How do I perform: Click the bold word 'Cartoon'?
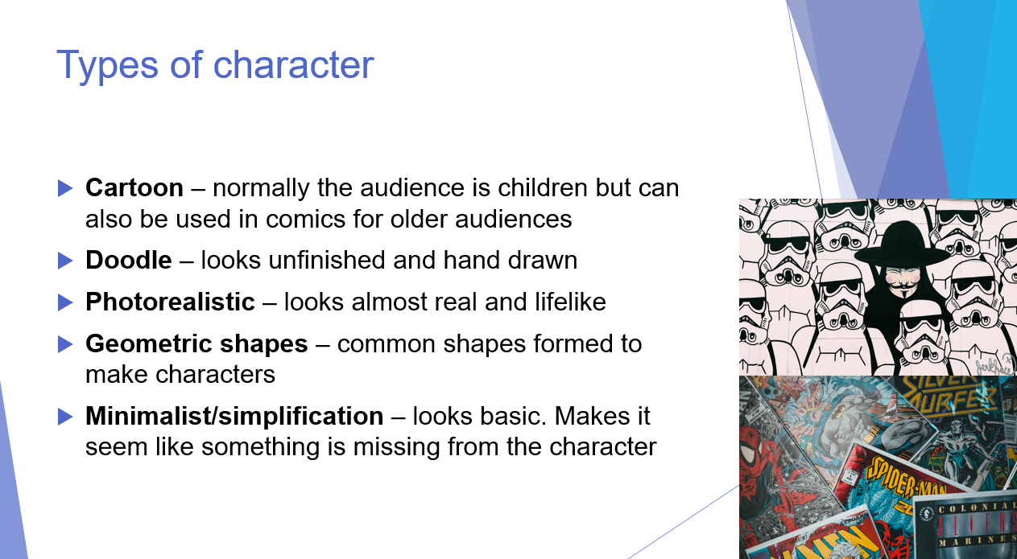[134, 188]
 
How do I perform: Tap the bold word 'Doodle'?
[129, 261]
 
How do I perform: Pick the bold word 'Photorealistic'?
[170, 302]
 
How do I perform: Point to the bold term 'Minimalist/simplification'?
[234, 417]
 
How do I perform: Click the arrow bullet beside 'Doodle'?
[65, 261]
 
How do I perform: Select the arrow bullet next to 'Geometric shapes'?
[65, 344]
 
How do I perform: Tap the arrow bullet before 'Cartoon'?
[65, 188]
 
